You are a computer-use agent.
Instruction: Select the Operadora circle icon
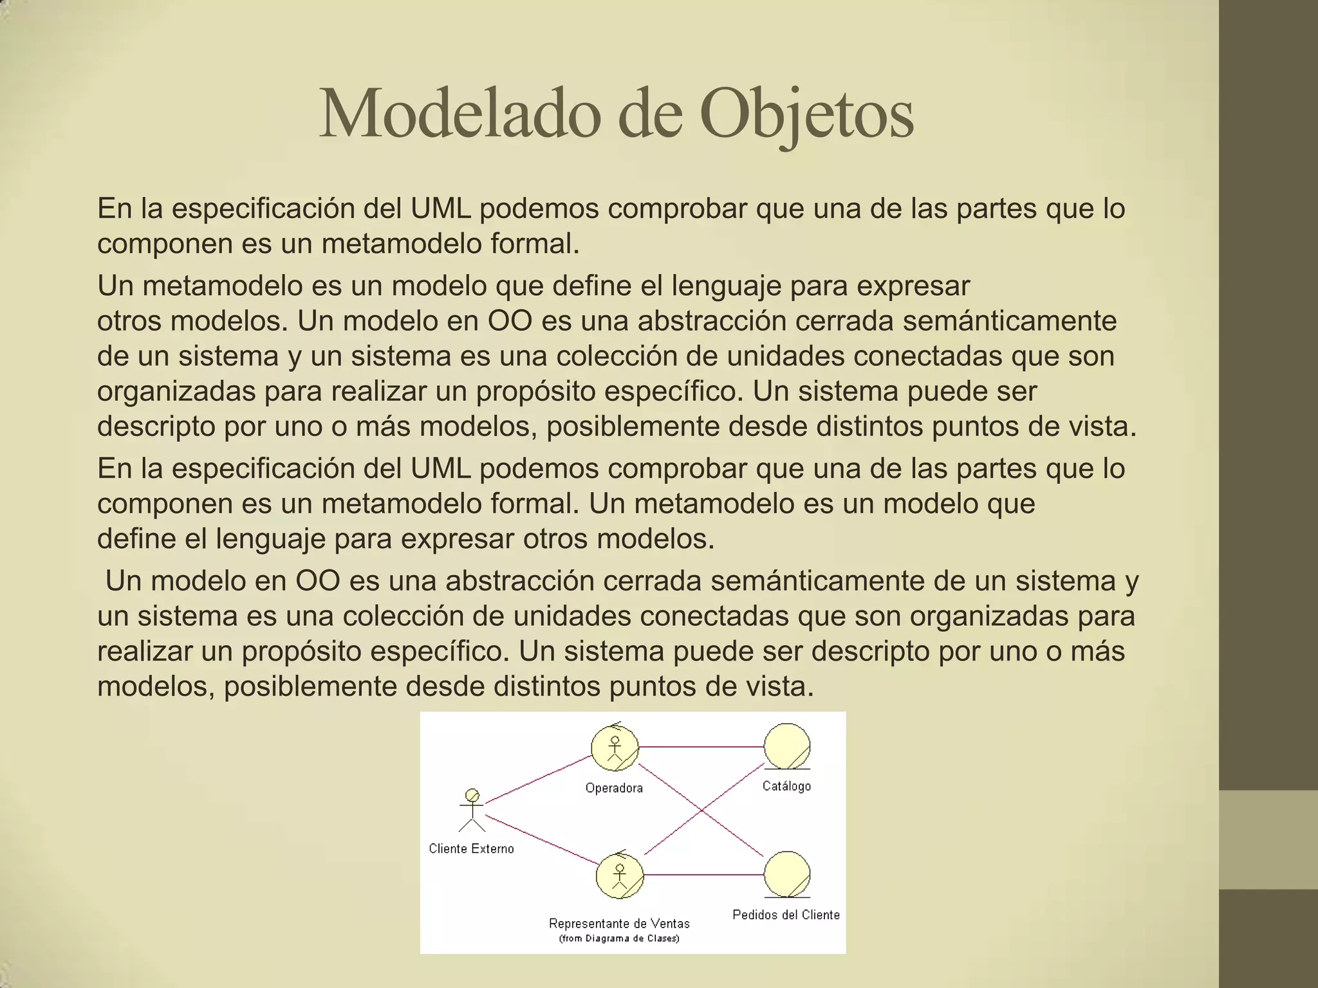(x=615, y=747)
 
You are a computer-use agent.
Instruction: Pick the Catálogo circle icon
(x=787, y=746)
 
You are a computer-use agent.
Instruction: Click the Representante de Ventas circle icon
(x=620, y=875)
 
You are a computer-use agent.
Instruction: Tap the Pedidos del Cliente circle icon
(x=787, y=874)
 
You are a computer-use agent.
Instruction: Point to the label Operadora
(x=614, y=788)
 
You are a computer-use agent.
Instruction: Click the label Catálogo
(x=786, y=786)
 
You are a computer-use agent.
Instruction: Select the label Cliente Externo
(x=471, y=849)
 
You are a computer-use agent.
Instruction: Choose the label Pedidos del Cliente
(x=786, y=915)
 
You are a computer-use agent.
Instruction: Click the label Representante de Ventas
(x=619, y=924)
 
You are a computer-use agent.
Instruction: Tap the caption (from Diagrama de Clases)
(x=619, y=938)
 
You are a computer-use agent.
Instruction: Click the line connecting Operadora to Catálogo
(x=701, y=747)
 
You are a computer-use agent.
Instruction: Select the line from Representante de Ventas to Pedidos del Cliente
(x=704, y=875)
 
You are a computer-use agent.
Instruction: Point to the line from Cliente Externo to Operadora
(x=538, y=780)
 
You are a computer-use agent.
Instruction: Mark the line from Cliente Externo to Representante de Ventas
(x=541, y=839)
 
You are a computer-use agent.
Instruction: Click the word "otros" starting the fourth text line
(x=129, y=321)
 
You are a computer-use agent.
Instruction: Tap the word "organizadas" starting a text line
(x=176, y=391)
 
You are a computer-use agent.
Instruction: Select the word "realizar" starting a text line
(x=144, y=651)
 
